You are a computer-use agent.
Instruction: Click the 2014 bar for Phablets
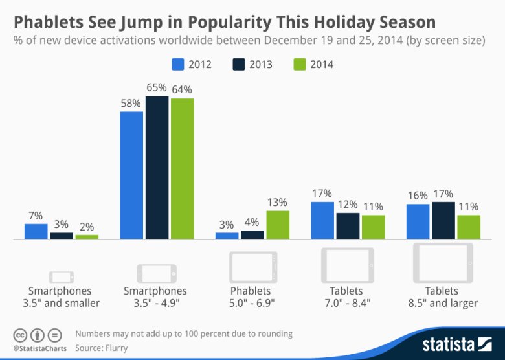[x=278, y=225]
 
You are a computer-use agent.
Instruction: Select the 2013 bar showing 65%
[x=157, y=168]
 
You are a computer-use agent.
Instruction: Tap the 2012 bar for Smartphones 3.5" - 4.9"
[x=131, y=175]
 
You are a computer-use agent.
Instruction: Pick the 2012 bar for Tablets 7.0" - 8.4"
[x=322, y=221]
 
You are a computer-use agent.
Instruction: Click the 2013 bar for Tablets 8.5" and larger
[x=443, y=221]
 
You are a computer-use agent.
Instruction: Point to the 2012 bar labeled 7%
[x=36, y=232]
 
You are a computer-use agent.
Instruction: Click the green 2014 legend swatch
[x=299, y=64]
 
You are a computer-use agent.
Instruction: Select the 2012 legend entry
[x=192, y=64]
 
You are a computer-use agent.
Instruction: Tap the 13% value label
[x=277, y=202]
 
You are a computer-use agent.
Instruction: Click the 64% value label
[x=182, y=89]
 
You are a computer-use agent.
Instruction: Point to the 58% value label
[x=131, y=103]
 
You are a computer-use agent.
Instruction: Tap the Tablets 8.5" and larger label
[x=442, y=297]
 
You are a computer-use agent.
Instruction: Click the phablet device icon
[x=252, y=267]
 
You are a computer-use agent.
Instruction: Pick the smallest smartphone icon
[x=62, y=276]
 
